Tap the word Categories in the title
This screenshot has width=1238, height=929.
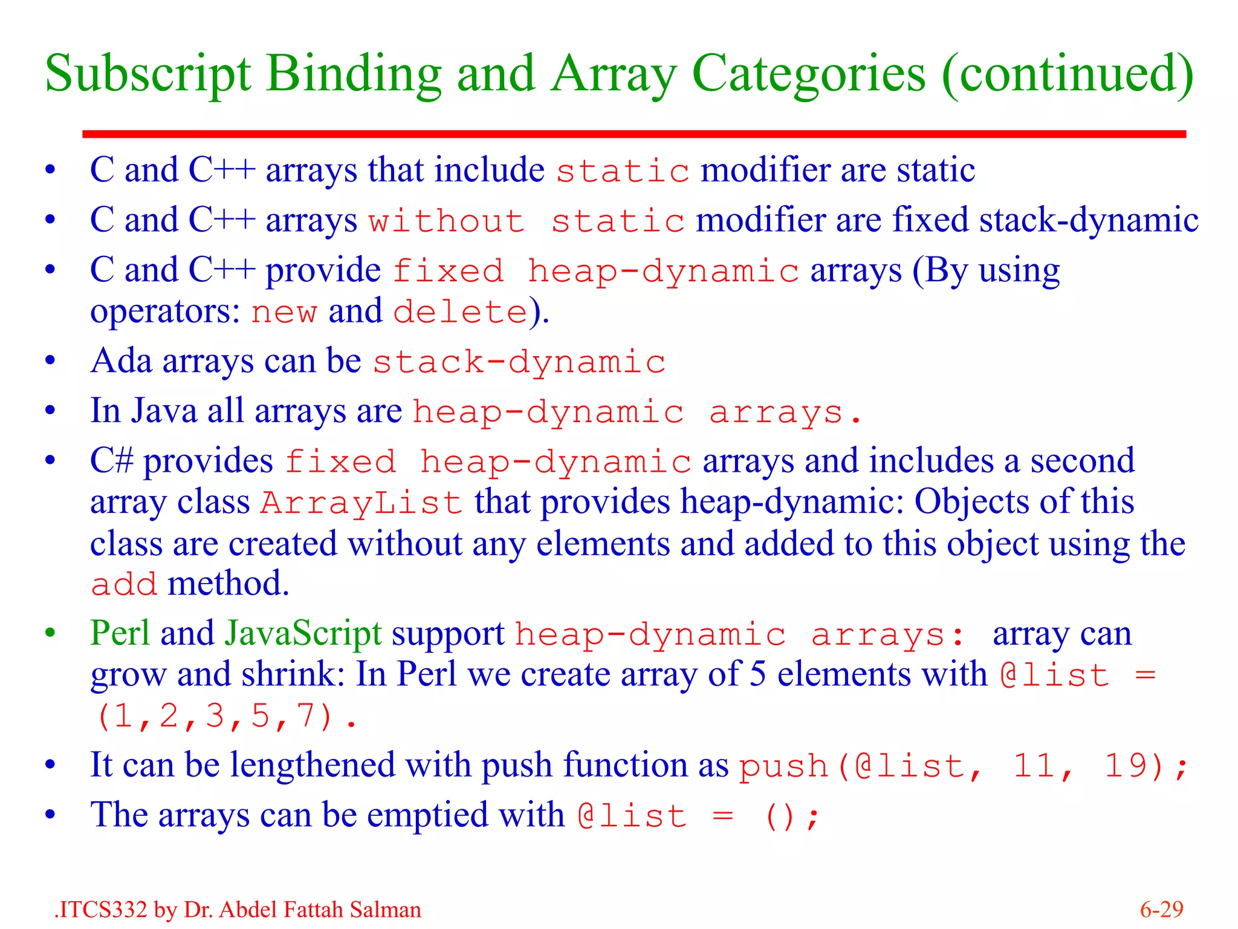click(808, 74)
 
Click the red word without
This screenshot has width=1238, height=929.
click(447, 221)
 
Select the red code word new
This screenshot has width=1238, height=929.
click(284, 313)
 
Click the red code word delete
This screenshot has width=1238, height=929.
click(461, 313)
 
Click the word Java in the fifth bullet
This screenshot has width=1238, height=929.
click(164, 411)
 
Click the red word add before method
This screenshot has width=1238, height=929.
click(124, 585)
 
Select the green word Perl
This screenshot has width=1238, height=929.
click(121, 634)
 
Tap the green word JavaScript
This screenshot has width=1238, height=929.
click(303, 634)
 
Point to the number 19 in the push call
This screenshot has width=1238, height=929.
click(1126, 766)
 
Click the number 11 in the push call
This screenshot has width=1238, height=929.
click(1034, 766)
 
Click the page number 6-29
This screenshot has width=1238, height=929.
click(1161, 910)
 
